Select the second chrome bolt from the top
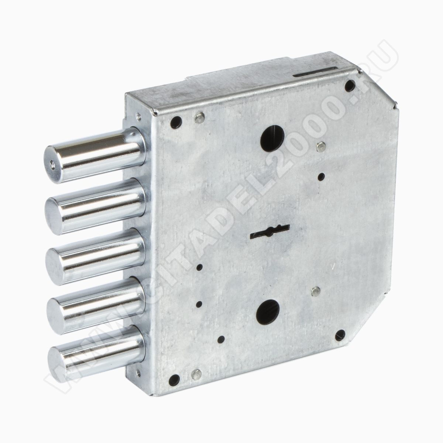(95, 204)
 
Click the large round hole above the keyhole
(272, 138)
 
